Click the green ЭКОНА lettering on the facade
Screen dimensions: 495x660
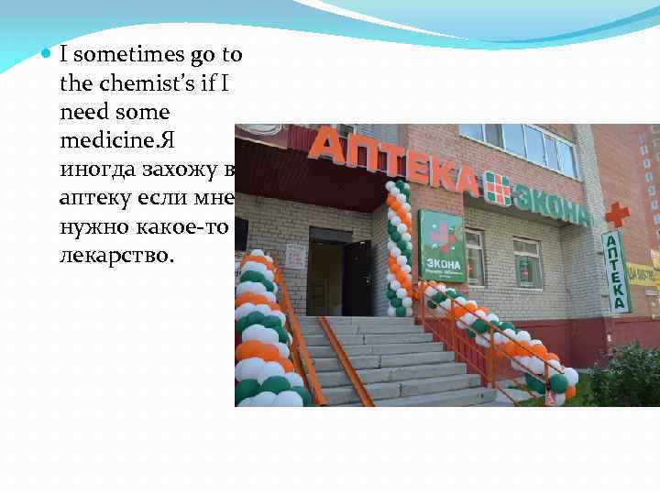click(551, 201)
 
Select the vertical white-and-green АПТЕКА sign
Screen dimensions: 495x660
click(615, 270)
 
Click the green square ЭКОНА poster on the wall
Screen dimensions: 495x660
click(441, 246)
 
